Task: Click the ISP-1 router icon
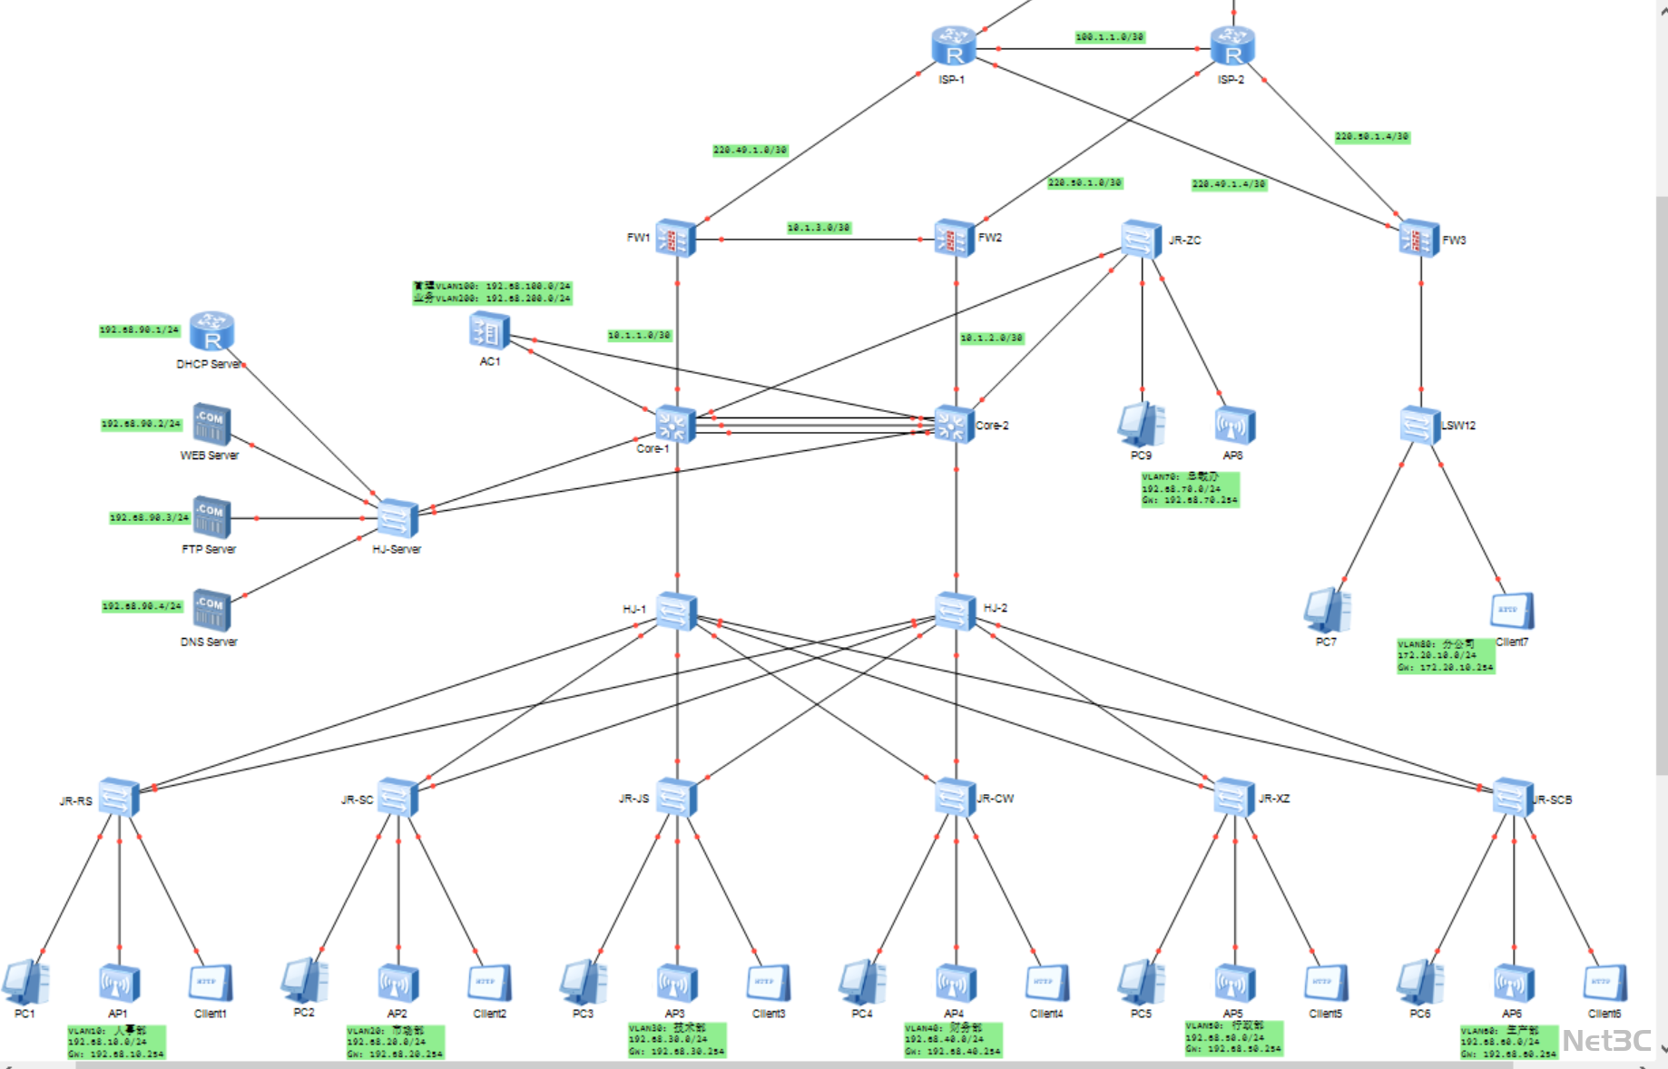pos(953,46)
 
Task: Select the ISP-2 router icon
pos(1232,46)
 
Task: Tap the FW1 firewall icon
pos(675,239)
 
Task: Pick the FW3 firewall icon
pos(1419,240)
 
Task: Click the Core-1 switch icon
pos(675,425)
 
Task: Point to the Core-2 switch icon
pos(954,425)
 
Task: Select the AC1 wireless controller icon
pos(489,332)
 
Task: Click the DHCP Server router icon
pos(212,332)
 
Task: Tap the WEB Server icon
pos(211,425)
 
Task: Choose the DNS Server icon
pos(211,610)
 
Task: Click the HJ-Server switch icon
pos(397,519)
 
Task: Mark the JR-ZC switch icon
pos(1142,240)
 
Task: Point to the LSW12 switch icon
pos(1420,426)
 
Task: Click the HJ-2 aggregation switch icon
pos(955,611)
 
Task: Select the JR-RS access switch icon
pos(119,798)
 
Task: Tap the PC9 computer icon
pos(1141,425)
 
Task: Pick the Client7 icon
pos(1512,612)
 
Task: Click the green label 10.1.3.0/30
pos(819,228)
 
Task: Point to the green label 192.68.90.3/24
pos(150,517)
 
